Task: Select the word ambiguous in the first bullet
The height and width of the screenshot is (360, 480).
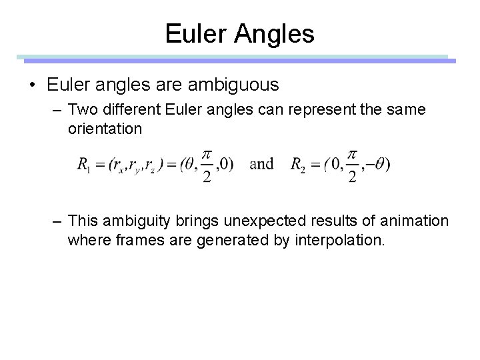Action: pos(237,85)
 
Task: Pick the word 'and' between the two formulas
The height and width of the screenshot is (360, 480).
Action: pos(262,164)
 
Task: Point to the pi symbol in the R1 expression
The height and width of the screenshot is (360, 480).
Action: pos(207,153)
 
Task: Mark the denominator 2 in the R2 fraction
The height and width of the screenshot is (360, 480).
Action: pos(353,177)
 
